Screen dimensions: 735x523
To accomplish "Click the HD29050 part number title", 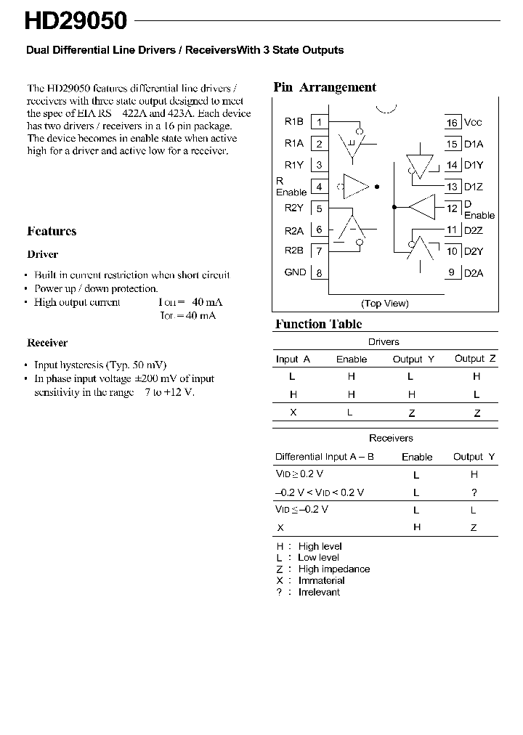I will pyautogui.click(x=76, y=21).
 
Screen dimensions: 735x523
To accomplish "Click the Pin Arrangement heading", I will pyautogui.click(x=325, y=87).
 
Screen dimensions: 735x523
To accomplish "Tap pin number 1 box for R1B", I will pyautogui.click(x=319, y=122).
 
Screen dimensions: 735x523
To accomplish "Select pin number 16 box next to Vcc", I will pyautogui.click(x=453, y=123).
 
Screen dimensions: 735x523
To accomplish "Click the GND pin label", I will pyautogui.click(x=295, y=272).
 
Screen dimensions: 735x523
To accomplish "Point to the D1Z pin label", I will pyautogui.click(x=473, y=187).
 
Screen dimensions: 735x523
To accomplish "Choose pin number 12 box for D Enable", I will pyautogui.click(x=453, y=208).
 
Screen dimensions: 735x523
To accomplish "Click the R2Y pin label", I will pyautogui.click(x=294, y=208).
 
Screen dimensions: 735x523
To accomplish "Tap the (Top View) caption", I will pyautogui.click(x=385, y=304).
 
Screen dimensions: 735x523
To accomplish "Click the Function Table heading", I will pyautogui.click(x=318, y=324).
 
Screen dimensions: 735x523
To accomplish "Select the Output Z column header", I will pyautogui.click(x=475, y=359).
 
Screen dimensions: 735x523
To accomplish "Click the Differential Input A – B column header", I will pyautogui.click(x=325, y=457).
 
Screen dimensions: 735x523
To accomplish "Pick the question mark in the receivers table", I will pyautogui.click(x=474, y=492).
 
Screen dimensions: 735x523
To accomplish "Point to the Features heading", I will pyautogui.click(x=52, y=232).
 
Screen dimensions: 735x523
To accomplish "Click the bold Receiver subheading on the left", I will pyautogui.click(x=47, y=343).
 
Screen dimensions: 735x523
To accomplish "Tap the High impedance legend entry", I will pyautogui.click(x=333, y=569).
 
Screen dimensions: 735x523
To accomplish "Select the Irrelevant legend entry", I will pyautogui.click(x=318, y=592).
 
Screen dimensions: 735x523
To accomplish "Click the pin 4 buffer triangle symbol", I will pyautogui.click(x=356, y=187).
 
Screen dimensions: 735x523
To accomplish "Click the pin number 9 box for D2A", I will pyautogui.click(x=453, y=273).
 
